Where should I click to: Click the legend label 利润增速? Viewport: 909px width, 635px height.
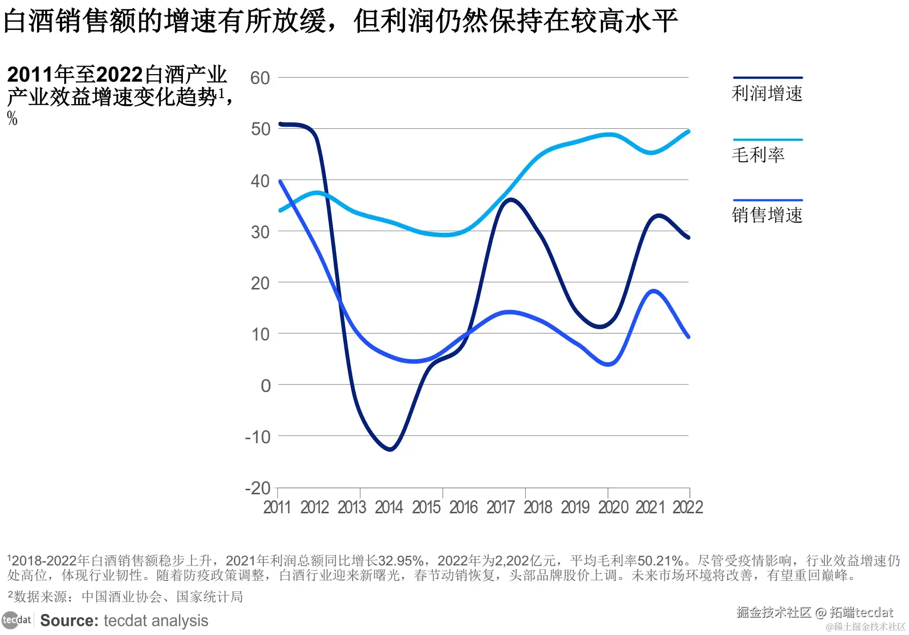click(x=767, y=94)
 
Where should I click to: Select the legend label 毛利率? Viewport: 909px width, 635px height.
click(x=758, y=155)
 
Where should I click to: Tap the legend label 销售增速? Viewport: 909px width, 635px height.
click(x=767, y=215)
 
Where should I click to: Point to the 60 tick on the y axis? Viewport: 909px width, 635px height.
click(x=260, y=78)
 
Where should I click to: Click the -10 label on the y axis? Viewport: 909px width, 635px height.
click(x=258, y=437)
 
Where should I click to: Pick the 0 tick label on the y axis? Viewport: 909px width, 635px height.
click(x=266, y=386)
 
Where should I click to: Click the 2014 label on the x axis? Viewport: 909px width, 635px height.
click(x=389, y=507)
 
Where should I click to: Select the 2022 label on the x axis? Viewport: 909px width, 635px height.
click(x=688, y=507)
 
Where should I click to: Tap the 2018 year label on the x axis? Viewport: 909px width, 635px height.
click(x=538, y=507)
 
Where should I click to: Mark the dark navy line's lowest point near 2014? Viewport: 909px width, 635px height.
click(x=390, y=449)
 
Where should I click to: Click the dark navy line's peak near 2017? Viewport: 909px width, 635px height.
click(x=510, y=200)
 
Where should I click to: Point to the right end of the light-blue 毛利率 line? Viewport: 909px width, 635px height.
click(x=688, y=132)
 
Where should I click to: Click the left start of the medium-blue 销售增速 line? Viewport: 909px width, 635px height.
click(x=280, y=181)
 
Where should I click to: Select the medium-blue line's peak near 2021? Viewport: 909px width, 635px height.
click(x=653, y=291)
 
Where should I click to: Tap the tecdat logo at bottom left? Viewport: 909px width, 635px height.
click(x=17, y=620)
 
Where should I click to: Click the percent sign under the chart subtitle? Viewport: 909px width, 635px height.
click(x=12, y=119)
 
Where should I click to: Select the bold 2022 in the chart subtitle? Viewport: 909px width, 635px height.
click(x=119, y=75)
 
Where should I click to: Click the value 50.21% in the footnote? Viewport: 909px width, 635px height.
click(x=660, y=561)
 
